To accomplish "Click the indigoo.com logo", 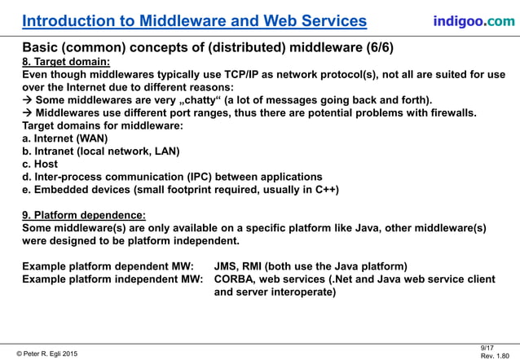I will (x=474, y=20).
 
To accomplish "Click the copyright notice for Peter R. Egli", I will (x=46, y=353).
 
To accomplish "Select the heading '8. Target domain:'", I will (x=66, y=61).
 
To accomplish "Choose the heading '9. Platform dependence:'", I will (x=84, y=215).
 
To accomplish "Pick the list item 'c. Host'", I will (x=41, y=164).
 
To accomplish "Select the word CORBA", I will (x=236, y=279).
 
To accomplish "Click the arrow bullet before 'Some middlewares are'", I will (x=27, y=99).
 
